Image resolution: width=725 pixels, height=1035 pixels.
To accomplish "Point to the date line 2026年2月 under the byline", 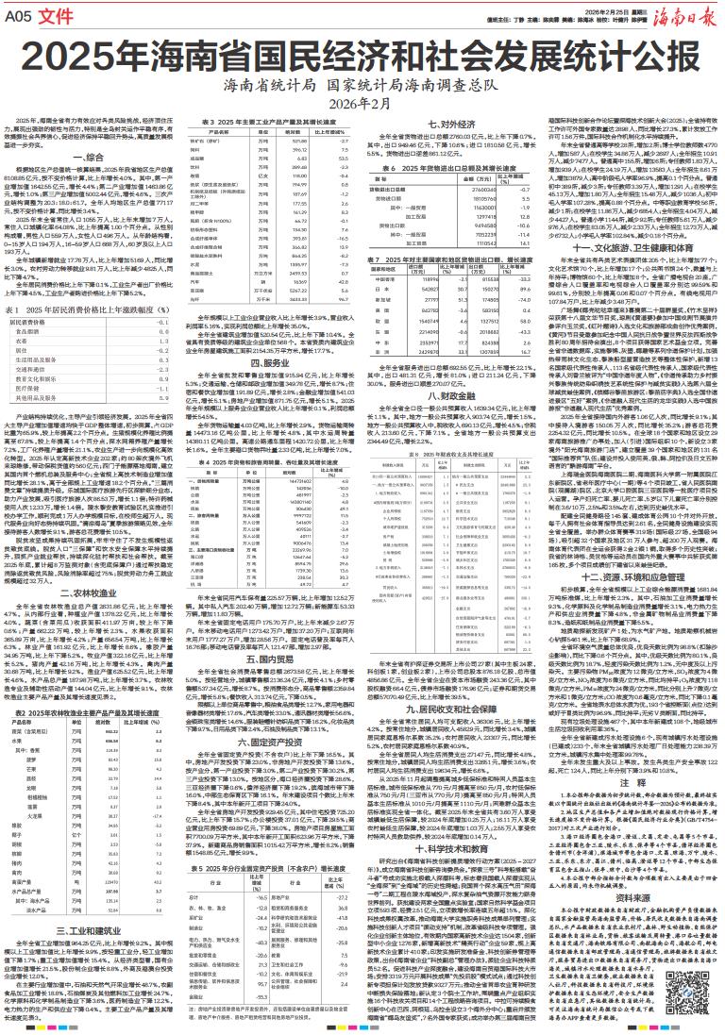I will pos(362,102).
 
